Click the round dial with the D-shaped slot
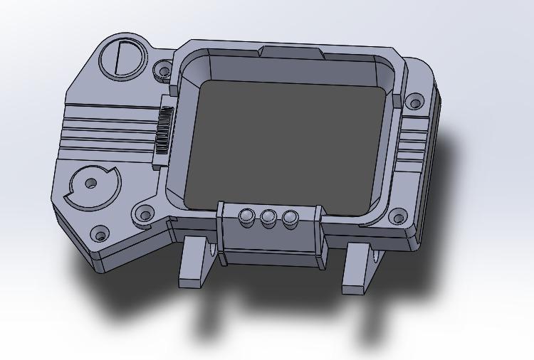[120, 57]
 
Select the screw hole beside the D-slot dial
[162, 70]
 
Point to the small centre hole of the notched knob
[90, 184]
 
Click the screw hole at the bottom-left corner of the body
[100, 233]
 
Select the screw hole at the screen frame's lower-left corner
[145, 213]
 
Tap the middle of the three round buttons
[268, 217]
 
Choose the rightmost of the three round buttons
[290, 218]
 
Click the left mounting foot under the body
[195, 263]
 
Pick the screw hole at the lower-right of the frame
[398, 214]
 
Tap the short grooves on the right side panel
[413, 149]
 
